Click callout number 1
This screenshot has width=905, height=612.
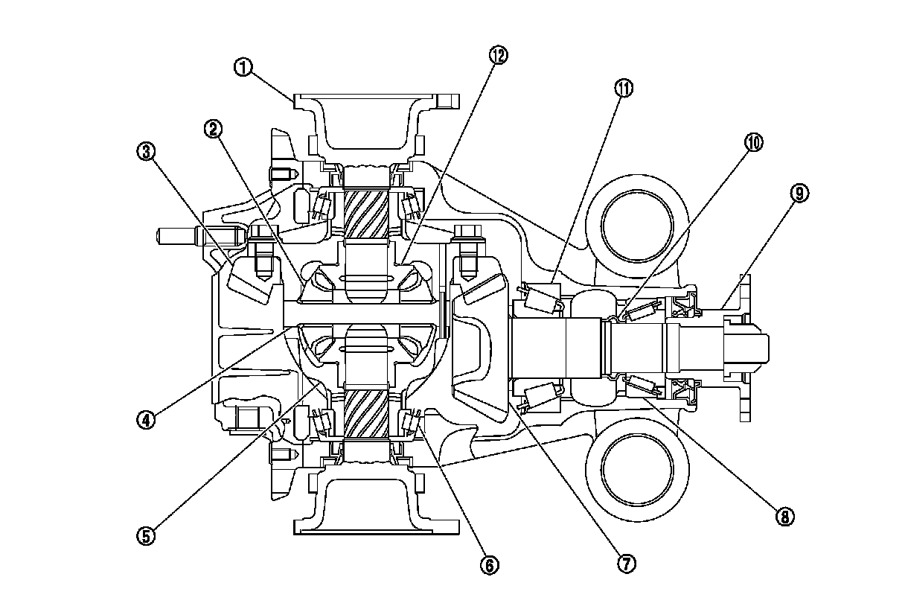(243, 67)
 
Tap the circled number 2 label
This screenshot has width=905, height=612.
(214, 130)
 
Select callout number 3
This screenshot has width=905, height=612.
(146, 152)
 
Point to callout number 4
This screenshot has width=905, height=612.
(146, 419)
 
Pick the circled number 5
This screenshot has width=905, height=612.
(146, 535)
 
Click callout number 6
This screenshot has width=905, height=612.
(489, 565)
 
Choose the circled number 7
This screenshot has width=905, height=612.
(626, 564)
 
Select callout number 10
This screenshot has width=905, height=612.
(754, 142)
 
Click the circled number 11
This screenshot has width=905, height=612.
(623, 88)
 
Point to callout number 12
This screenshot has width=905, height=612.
(498, 54)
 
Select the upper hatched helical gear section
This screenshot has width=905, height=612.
(368, 213)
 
